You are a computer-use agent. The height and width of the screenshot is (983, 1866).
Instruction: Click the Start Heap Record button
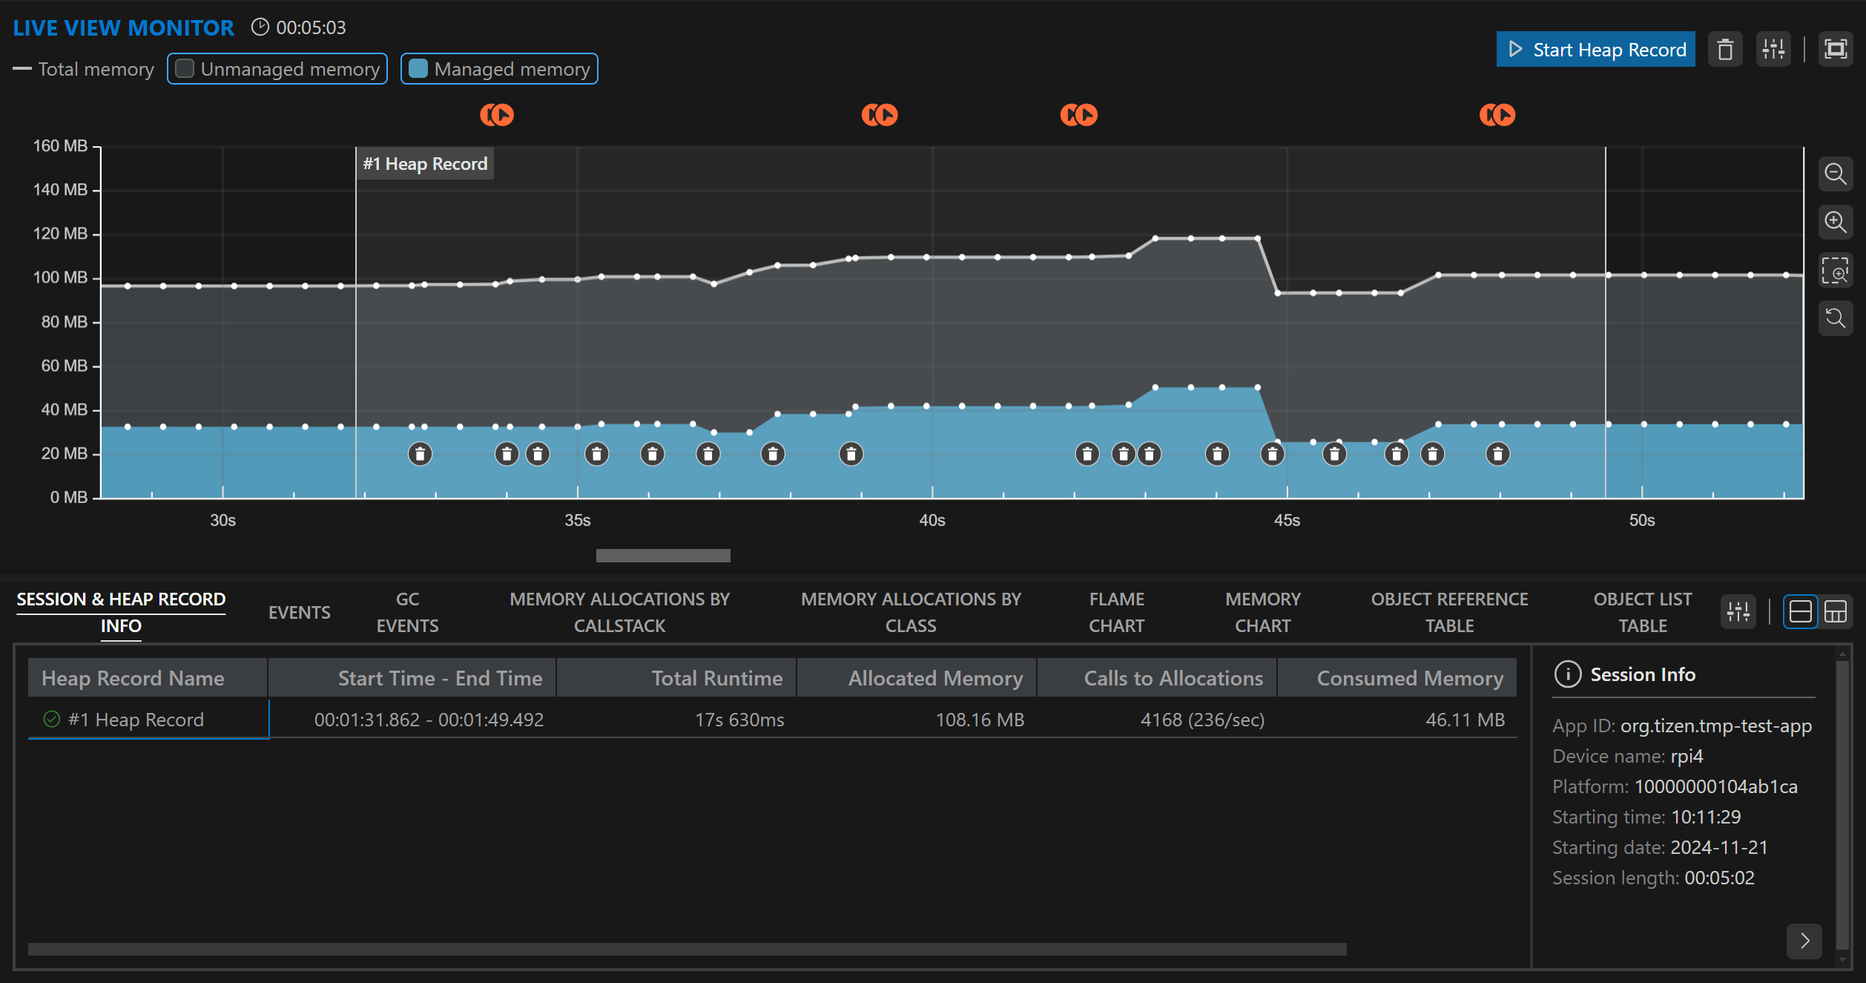[x=1595, y=50]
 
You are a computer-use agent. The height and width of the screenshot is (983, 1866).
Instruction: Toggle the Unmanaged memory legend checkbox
[x=185, y=69]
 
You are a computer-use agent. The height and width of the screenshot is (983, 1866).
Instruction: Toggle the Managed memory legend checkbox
[x=418, y=69]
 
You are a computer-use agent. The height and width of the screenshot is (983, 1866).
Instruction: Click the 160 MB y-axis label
[x=60, y=146]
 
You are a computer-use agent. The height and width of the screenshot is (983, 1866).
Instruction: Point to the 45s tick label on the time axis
[x=1287, y=520]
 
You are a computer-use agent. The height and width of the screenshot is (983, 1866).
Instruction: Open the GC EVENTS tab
[x=407, y=612]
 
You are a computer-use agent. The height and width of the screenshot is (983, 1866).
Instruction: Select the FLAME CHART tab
[x=1116, y=612]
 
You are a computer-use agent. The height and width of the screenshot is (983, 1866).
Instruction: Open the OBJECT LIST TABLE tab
[x=1642, y=612]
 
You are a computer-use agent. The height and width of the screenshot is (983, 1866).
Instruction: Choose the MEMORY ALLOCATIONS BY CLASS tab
[x=911, y=612]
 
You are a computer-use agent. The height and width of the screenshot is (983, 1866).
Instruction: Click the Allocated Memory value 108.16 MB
[x=979, y=720]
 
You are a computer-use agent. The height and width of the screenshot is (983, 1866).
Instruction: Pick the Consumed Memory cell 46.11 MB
[x=1465, y=720]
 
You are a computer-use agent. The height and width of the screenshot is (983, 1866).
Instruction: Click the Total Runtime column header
[x=716, y=678]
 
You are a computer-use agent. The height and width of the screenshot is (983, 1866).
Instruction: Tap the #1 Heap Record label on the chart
[x=425, y=164]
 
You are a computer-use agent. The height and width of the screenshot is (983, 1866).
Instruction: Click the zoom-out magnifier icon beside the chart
[x=1835, y=174]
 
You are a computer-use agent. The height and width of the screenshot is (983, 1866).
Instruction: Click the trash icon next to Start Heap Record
[x=1725, y=50]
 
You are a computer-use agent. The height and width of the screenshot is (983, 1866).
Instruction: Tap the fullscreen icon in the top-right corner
[x=1835, y=50]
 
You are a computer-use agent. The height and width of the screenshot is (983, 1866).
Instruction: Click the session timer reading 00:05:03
[x=311, y=27]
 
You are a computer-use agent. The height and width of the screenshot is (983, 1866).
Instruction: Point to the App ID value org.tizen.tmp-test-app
[x=1715, y=726]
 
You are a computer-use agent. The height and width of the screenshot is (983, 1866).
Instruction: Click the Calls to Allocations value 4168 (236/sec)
[x=1202, y=720]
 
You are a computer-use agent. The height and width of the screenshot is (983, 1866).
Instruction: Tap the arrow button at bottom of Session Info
[x=1804, y=941]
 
